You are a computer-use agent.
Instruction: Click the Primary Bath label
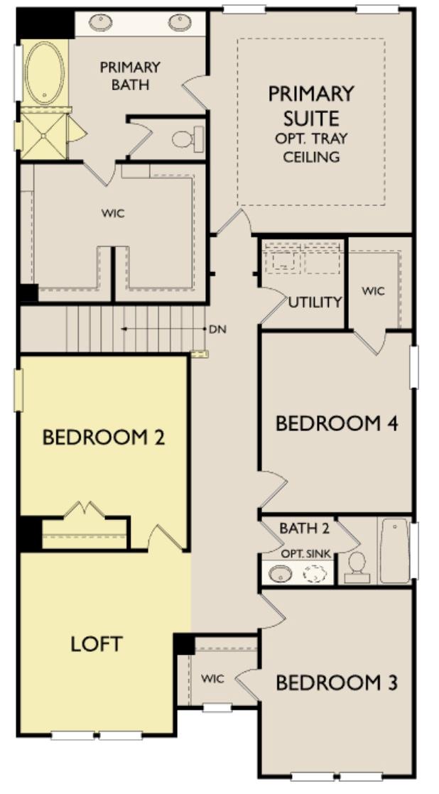130,75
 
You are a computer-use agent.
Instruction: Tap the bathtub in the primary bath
45,73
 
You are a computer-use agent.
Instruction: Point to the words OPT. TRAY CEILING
311,147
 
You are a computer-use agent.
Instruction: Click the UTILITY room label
315,302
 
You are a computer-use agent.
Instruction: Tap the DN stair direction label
217,330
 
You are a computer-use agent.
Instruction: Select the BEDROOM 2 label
104,437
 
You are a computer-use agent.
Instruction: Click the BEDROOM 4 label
337,423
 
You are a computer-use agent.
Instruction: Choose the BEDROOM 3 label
337,683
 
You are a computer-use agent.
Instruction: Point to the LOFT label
97,644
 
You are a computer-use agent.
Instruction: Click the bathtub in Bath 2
394,551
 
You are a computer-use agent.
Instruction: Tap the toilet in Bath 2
357,566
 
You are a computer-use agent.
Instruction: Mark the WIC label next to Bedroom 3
212,679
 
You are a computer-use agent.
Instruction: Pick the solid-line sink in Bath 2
281,573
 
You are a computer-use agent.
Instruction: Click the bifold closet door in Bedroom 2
85,511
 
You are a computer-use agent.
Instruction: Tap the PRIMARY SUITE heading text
311,105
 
